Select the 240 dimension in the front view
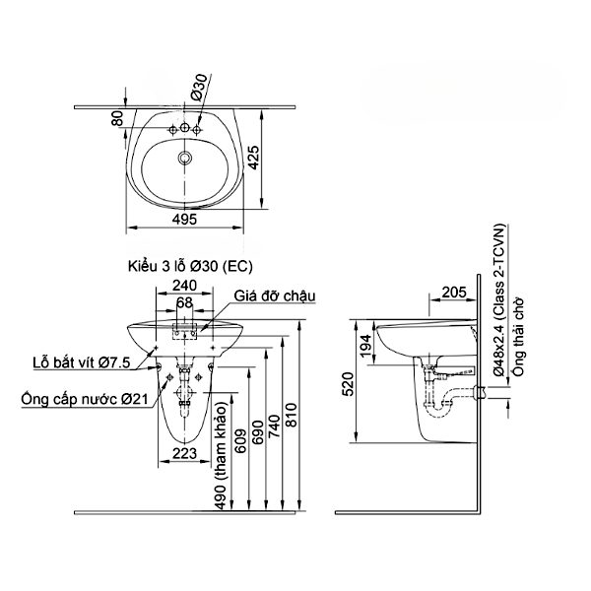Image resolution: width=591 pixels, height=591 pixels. pos(184,286)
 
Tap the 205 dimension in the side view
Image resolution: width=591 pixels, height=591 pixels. pos(454,291)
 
